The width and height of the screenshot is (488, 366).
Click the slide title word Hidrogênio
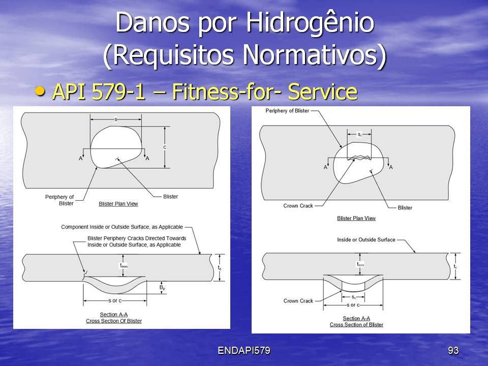[x=310, y=23]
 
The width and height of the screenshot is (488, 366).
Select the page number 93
[x=453, y=350]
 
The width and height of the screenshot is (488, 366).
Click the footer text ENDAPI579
[x=243, y=350]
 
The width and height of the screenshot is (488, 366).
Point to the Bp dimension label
[x=162, y=288]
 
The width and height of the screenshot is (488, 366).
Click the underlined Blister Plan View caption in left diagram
[x=118, y=204]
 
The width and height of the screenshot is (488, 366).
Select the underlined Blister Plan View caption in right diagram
[x=356, y=218]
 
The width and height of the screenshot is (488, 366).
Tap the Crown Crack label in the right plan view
[x=298, y=206]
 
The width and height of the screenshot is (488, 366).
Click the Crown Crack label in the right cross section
[x=298, y=301]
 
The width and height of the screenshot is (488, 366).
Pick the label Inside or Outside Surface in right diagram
[x=366, y=239]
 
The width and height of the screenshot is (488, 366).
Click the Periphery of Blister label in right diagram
[x=287, y=111]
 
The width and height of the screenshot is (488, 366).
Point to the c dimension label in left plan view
[x=165, y=147]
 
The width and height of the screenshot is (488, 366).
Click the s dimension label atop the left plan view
[x=116, y=119]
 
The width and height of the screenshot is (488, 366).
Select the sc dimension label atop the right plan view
[x=359, y=134]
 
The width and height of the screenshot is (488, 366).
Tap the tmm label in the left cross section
[x=124, y=265]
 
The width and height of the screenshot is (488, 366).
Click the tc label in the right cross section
[x=455, y=266]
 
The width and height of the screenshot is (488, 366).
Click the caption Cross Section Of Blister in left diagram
[x=114, y=321]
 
